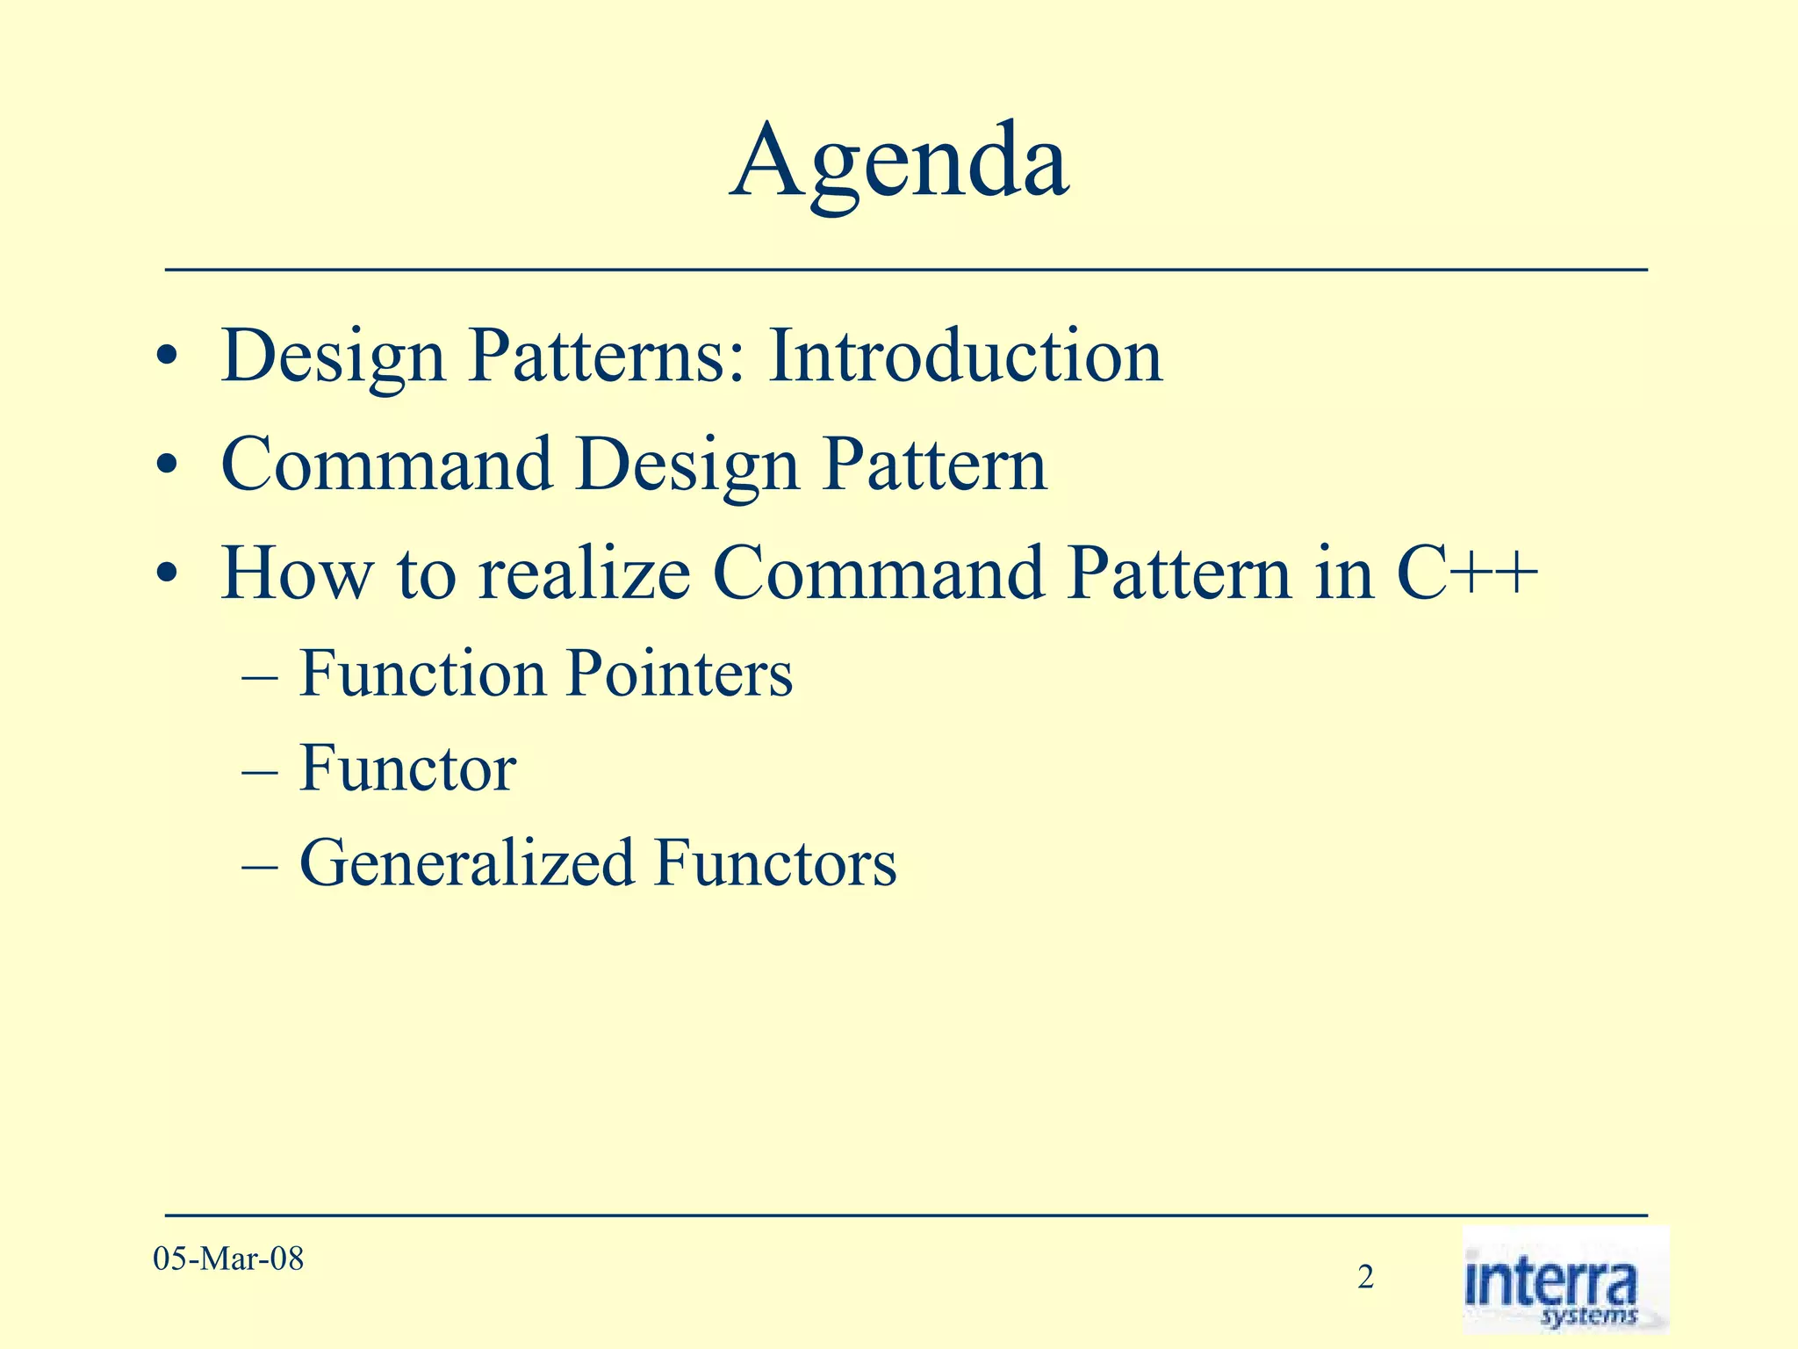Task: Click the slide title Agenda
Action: coord(899,162)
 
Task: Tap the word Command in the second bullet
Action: coord(386,465)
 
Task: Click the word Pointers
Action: coord(679,674)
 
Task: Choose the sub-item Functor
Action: coord(407,768)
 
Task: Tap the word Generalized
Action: coord(466,863)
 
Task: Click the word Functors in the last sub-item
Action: coord(776,863)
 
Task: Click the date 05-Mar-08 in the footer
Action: coord(228,1259)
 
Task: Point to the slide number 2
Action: coord(1365,1277)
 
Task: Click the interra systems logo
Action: coord(1564,1280)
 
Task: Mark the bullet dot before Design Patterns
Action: coord(166,360)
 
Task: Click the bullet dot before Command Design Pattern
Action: coord(166,469)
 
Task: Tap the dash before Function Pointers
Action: coord(260,678)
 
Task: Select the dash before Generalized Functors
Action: coord(260,868)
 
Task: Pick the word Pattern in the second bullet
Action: coord(934,465)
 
